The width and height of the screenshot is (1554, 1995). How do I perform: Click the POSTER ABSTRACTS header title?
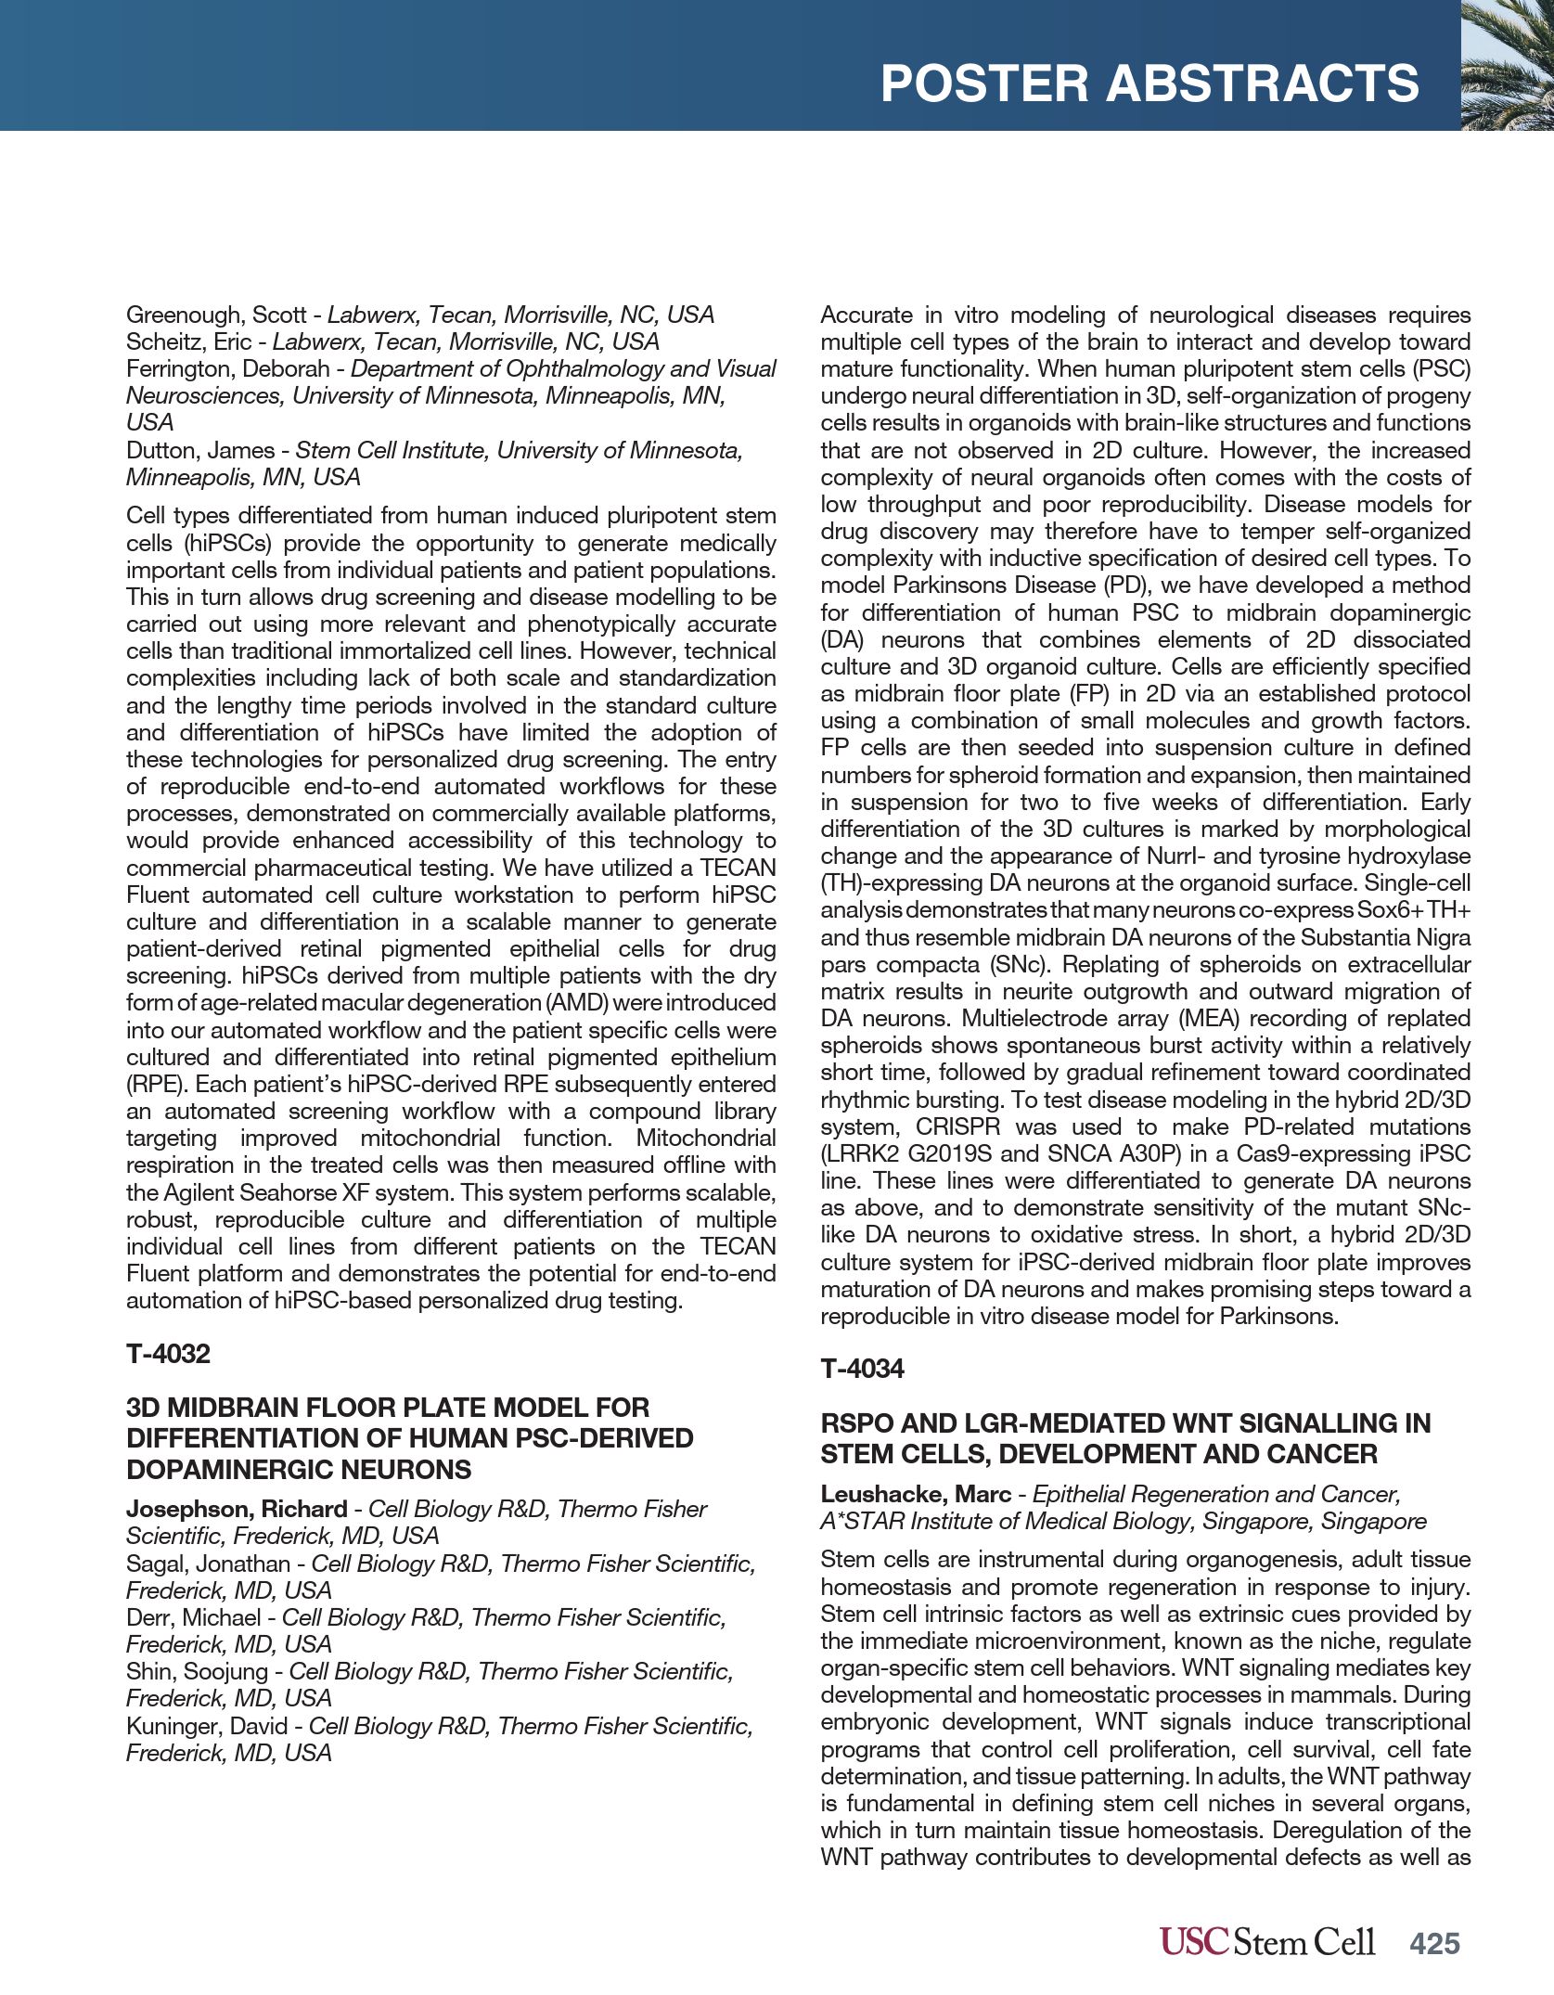tap(1149, 84)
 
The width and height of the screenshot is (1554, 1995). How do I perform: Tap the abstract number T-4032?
tap(168, 1354)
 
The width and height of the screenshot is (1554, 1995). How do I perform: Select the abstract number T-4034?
tap(862, 1369)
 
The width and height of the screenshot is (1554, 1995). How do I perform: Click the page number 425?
tap(1434, 1943)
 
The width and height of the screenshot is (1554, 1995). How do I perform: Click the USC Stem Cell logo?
tap(1266, 1941)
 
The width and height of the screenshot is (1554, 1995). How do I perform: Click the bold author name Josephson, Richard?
tap(237, 1510)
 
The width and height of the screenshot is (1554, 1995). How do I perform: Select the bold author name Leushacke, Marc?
tap(915, 1495)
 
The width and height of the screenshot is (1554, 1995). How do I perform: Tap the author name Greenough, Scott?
tap(216, 315)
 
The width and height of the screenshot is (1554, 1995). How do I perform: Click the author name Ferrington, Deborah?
tap(227, 369)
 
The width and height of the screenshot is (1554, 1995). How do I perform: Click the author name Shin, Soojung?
tap(198, 1671)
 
